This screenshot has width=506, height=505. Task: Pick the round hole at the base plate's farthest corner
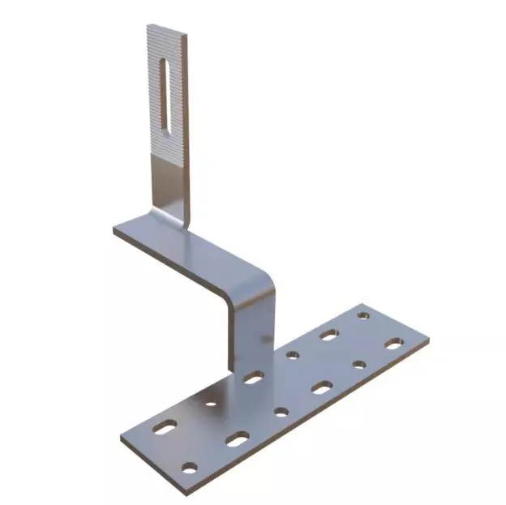[362, 311]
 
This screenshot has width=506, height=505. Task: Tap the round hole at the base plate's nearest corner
[189, 467]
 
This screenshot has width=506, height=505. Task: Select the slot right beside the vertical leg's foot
[253, 377]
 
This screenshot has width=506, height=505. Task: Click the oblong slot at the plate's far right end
[392, 345]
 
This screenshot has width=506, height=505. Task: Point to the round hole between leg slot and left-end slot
[211, 402]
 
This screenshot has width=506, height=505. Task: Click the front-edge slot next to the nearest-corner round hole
[237, 440]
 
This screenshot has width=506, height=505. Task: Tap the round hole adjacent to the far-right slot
[358, 365]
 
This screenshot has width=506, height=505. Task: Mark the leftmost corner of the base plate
[122, 439]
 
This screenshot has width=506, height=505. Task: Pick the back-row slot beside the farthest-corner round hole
[328, 333]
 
